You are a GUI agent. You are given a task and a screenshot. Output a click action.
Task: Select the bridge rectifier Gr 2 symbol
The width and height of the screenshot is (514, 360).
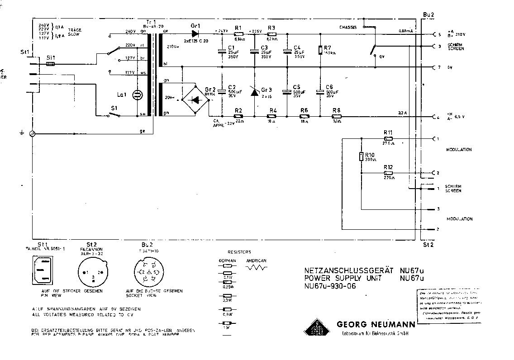[195, 98]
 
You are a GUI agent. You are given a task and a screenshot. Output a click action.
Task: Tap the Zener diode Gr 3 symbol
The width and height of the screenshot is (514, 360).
[255, 92]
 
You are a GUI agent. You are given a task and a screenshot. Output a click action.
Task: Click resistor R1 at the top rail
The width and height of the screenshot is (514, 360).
[238, 34]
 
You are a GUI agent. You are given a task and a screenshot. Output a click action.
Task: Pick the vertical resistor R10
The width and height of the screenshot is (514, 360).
[362, 157]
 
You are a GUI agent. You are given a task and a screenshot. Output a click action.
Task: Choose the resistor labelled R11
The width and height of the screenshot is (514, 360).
[388, 138]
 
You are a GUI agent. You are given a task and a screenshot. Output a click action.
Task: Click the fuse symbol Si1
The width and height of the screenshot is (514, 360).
[51, 64]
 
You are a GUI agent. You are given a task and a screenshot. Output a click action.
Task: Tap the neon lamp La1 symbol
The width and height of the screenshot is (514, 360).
[137, 95]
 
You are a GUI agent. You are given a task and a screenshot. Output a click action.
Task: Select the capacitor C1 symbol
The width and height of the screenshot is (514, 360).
[222, 51]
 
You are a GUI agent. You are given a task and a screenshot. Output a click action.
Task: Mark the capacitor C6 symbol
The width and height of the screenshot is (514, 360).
[320, 92]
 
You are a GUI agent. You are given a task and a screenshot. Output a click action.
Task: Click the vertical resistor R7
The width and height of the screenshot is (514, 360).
[320, 50]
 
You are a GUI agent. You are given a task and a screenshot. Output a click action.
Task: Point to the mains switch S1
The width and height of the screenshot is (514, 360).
[114, 115]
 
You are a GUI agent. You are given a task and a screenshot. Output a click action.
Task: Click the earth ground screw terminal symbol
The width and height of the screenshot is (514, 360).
[32, 134]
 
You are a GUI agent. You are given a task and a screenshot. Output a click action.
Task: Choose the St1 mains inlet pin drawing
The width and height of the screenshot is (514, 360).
[43, 270]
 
